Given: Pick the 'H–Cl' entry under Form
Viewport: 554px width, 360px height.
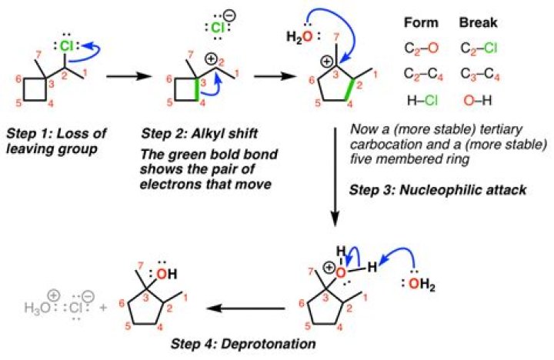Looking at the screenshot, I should [x=422, y=98].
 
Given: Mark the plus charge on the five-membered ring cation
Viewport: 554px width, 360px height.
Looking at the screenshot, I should [x=325, y=61].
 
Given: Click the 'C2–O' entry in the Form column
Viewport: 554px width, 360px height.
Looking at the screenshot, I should [x=422, y=47].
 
